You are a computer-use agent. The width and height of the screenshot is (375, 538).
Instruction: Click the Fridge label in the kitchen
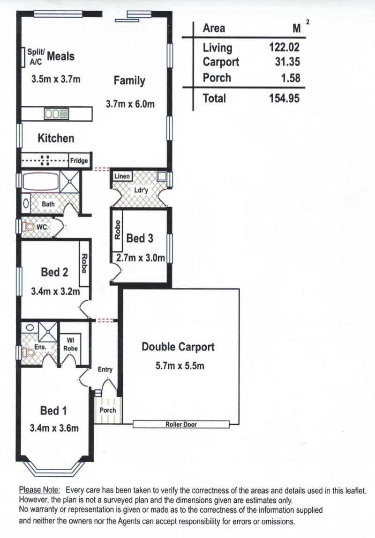tap(79, 160)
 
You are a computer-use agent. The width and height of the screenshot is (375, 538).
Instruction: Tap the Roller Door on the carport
tap(181, 424)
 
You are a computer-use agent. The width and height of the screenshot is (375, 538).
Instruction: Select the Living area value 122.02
tap(284, 47)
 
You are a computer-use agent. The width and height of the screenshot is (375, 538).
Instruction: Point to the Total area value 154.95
tap(284, 98)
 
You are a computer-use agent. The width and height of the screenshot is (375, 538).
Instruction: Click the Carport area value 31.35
tap(287, 62)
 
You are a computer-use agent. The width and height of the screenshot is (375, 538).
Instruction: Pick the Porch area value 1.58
tap(291, 78)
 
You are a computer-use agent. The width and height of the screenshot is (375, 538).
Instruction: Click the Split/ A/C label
tap(36, 57)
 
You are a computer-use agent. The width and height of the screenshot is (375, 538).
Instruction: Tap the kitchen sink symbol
tap(57, 114)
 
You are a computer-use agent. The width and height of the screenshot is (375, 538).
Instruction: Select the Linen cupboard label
tap(122, 176)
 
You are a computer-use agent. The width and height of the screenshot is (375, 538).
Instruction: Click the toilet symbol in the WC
tap(28, 226)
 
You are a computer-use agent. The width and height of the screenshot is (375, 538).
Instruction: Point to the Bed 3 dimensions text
tap(140, 258)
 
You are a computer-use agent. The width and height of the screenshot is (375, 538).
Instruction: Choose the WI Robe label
tap(70, 344)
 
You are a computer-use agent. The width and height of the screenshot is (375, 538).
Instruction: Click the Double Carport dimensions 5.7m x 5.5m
tap(180, 366)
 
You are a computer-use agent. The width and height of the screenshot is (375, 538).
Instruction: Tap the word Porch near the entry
tap(108, 410)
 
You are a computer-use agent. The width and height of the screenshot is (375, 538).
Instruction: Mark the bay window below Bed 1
tap(55, 469)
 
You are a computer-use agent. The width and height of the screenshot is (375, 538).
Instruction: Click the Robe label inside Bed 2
tap(83, 263)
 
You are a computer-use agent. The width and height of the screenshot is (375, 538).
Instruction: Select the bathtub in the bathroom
tap(41, 181)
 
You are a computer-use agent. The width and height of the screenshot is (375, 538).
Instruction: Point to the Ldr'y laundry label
tap(141, 190)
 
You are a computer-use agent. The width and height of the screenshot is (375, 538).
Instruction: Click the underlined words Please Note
tap(39, 490)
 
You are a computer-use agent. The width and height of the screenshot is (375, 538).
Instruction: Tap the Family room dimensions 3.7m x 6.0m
tap(130, 104)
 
